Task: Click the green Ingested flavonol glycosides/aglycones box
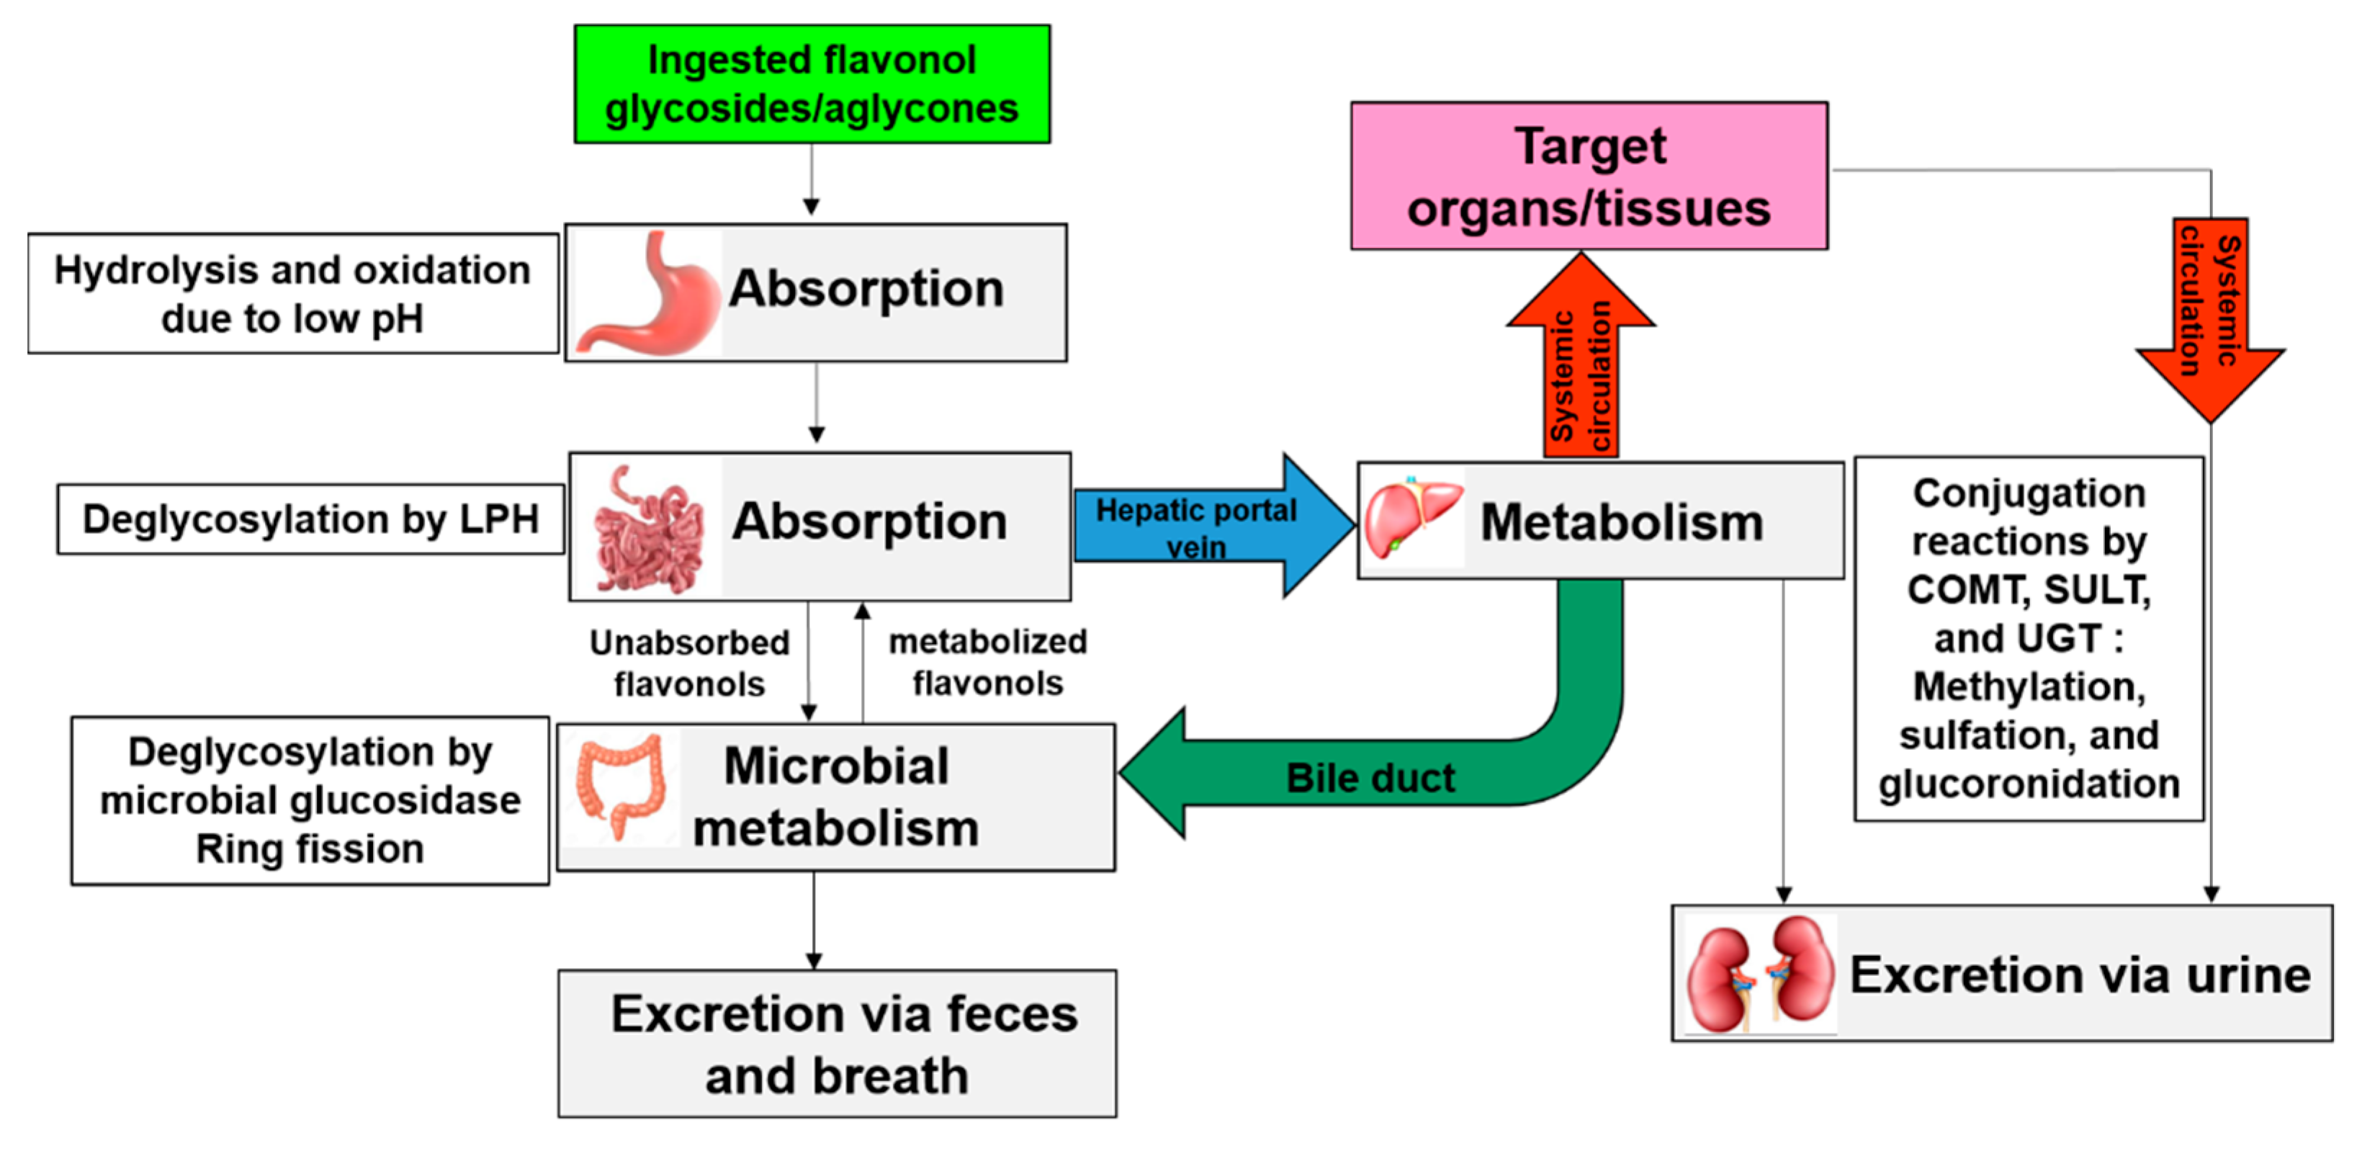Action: pos(812,84)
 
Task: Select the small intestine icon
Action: pos(648,529)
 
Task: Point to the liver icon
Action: pos(1411,518)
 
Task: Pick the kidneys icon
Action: pos(1759,975)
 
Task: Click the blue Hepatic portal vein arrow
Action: pos(1208,526)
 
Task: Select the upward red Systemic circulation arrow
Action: pos(1580,366)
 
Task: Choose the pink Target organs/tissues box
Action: pos(1589,176)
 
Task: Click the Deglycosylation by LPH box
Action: pos(310,519)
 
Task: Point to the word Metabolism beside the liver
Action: pos(1621,522)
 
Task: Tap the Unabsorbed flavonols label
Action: pos(689,663)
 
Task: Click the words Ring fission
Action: pos(310,849)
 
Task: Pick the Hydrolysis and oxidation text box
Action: pos(293,294)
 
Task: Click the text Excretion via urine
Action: pos(2080,975)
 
